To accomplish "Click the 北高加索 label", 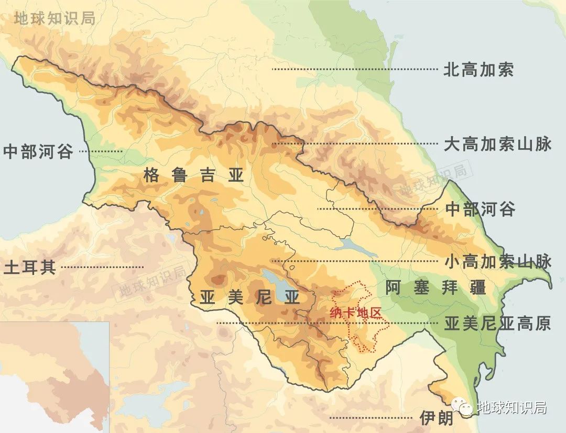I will click(x=478, y=69).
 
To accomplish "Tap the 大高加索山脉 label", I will click(x=497, y=144).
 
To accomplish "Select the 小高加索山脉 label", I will click(x=497, y=261).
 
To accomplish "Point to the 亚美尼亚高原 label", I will click(x=497, y=324).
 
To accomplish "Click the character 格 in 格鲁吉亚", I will click(x=151, y=176).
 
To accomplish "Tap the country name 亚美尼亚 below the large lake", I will click(x=250, y=298).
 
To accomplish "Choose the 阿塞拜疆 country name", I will click(x=435, y=287).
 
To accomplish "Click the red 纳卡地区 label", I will click(x=354, y=313).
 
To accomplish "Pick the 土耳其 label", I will click(x=29, y=268).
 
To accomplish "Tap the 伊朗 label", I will click(x=436, y=418).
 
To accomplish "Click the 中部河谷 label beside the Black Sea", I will click(x=38, y=152).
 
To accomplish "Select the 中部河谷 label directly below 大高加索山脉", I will click(x=480, y=209).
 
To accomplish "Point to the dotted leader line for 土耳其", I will click(x=102, y=268).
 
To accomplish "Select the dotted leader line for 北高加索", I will click(x=354, y=69).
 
